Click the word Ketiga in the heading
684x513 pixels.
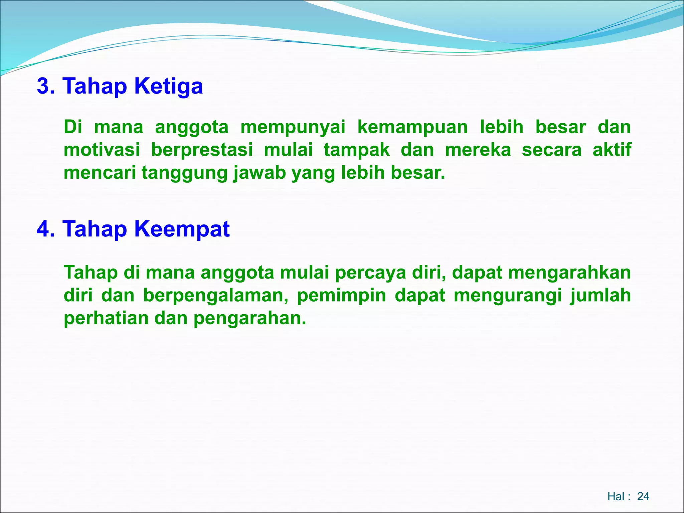(168, 86)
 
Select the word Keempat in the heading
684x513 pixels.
(182, 229)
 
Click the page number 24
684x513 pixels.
(643, 497)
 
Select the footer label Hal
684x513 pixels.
(616, 497)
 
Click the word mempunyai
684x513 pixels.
(293, 127)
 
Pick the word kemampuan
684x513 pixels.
(412, 127)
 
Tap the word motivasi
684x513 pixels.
(102, 150)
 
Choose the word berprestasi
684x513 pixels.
(202, 150)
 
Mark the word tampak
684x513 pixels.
(357, 150)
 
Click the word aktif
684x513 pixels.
(612, 150)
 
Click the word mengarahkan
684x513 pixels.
(569, 273)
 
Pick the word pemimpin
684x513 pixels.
(341, 296)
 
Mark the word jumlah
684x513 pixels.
(600, 296)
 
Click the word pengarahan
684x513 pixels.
(249, 318)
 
